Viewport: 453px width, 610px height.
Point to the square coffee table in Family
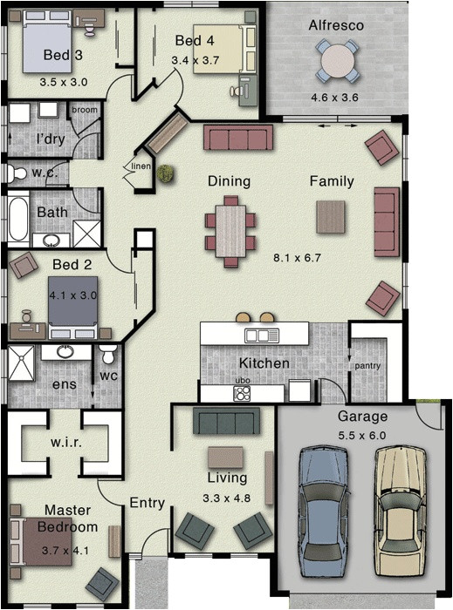click(x=331, y=216)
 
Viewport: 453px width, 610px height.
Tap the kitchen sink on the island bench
click(x=261, y=335)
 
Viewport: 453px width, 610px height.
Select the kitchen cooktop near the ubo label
click(x=242, y=393)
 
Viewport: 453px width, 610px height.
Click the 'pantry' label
click(x=367, y=366)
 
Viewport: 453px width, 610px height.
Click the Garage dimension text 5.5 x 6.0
click(x=362, y=436)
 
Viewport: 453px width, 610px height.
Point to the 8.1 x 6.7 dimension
click(x=298, y=258)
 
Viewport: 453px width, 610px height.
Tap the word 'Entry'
click(x=147, y=503)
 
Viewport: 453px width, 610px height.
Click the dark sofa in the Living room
click(x=226, y=422)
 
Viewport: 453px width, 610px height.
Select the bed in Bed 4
click(x=216, y=49)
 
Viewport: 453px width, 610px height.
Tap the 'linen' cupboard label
click(x=141, y=166)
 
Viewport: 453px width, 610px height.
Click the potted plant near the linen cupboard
click(x=164, y=173)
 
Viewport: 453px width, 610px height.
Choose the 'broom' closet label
click(x=84, y=110)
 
